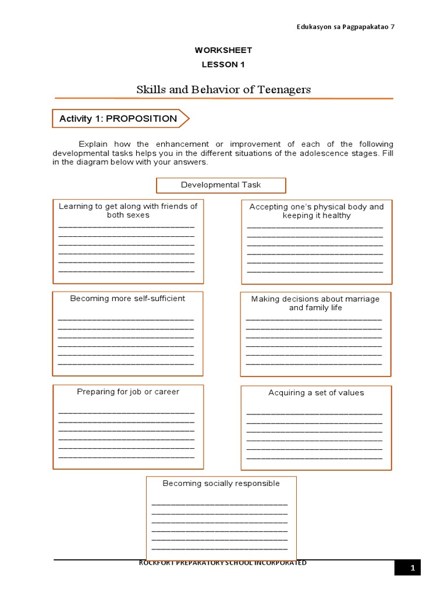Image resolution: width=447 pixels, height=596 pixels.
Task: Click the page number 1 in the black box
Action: click(x=412, y=568)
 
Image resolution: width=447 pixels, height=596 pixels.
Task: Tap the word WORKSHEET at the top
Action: click(x=223, y=51)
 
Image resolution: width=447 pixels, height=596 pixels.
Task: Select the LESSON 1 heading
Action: click(x=223, y=65)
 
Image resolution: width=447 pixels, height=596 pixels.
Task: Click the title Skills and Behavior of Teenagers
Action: click(x=223, y=90)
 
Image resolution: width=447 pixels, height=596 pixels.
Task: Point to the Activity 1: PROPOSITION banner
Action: click(x=119, y=119)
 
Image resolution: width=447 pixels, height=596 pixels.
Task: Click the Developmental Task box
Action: click(x=221, y=185)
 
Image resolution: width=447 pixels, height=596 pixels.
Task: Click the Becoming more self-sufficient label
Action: click(x=127, y=299)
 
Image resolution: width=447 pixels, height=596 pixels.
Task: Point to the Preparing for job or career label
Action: click(x=128, y=392)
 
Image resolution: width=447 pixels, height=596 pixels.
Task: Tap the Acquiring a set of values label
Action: click(x=316, y=393)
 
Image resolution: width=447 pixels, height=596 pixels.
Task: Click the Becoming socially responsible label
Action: click(x=221, y=484)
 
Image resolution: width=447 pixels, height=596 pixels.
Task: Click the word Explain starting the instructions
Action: click(x=94, y=144)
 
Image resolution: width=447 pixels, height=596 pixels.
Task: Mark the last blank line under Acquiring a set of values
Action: click(x=314, y=459)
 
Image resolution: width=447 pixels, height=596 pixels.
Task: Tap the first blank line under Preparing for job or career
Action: click(x=126, y=413)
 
